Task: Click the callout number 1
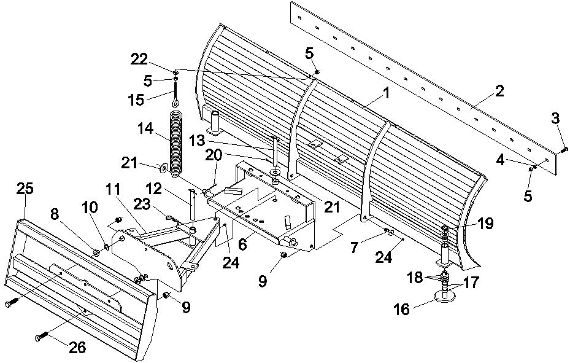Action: click(x=387, y=93)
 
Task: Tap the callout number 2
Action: click(x=500, y=92)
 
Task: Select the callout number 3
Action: click(x=556, y=119)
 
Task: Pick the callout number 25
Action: click(x=25, y=189)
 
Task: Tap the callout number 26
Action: click(x=77, y=348)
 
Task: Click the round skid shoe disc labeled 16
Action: click(x=445, y=297)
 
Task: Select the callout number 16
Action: click(x=402, y=310)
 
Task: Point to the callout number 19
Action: click(x=486, y=224)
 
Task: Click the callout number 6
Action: click(x=243, y=245)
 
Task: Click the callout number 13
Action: click(x=198, y=141)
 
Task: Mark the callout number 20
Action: click(x=214, y=155)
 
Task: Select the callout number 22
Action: click(x=139, y=59)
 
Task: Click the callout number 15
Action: click(x=136, y=100)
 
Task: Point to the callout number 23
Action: click(x=142, y=205)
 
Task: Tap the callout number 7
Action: click(x=355, y=248)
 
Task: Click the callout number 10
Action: click(x=90, y=208)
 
